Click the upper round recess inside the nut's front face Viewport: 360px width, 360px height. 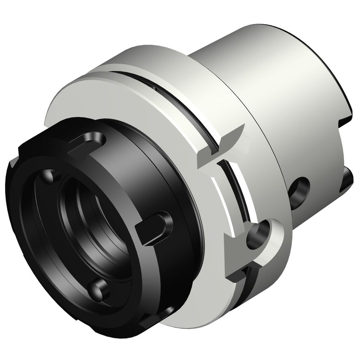(49, 175)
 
